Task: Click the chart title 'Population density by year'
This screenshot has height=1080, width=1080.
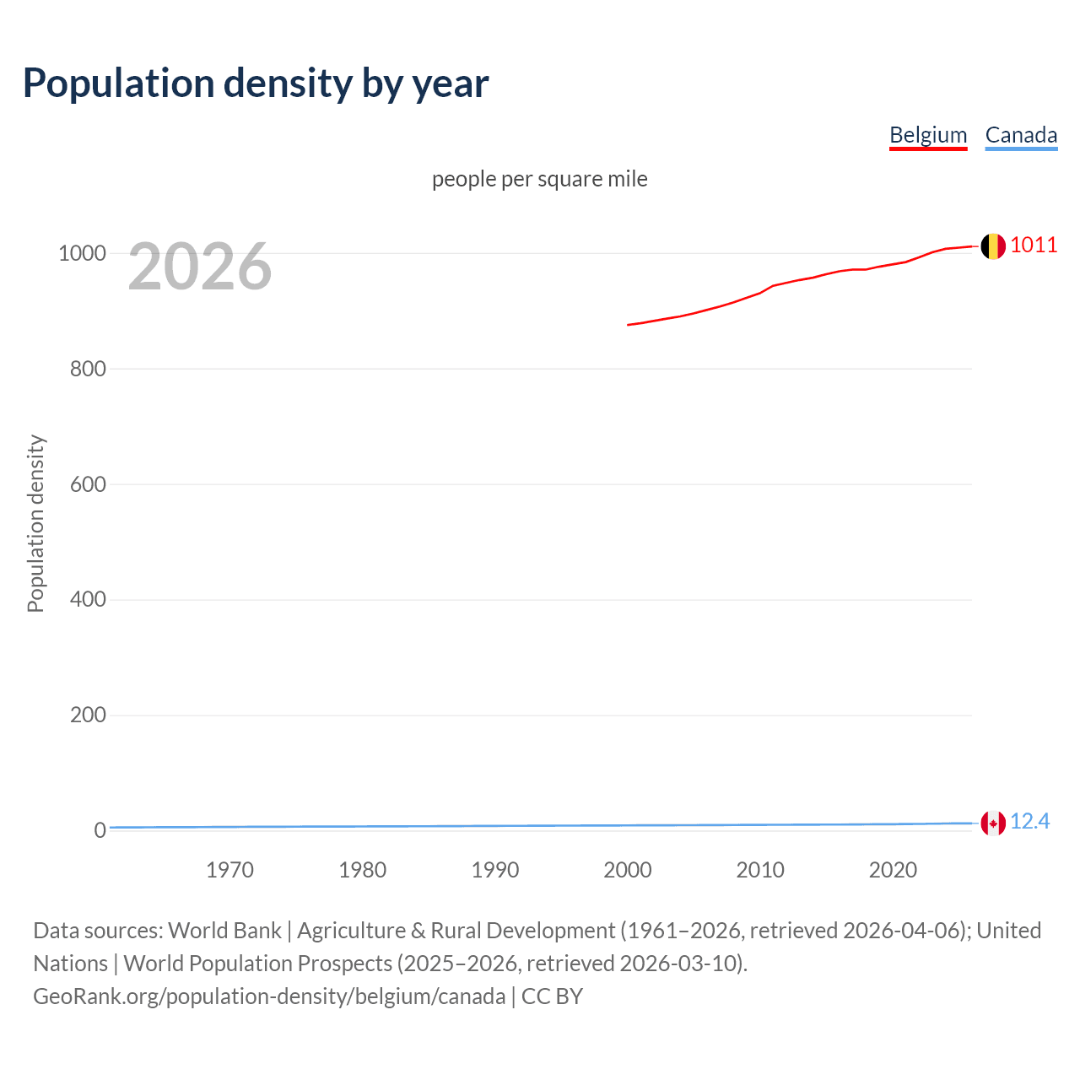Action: click(x=256, y=84)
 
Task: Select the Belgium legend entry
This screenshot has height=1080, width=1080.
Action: click(x=928, y=135)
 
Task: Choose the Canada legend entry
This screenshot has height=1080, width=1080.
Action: click(x=1021, y=135)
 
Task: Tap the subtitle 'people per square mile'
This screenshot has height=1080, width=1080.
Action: click(x=540, y=179)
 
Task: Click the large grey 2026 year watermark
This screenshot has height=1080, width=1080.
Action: click(x=200, y=267)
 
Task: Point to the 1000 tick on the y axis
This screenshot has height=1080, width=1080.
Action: click(x=82, y=253)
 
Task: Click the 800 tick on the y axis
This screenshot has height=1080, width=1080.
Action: click(x=88, y=369)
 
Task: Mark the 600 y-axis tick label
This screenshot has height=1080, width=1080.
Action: click(x=88, y=484)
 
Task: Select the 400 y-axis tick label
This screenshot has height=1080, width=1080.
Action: click(x=88, y=600)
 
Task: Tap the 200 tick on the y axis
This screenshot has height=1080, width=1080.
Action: click(x=88, y=715)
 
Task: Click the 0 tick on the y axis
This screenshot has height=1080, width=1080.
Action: click(x=100, y=830)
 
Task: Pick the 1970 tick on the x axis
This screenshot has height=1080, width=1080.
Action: click(x=229, y=870)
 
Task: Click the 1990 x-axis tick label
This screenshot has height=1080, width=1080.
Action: click(x=495, y=870)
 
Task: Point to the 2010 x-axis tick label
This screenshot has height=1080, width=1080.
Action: click(x=760, y=870)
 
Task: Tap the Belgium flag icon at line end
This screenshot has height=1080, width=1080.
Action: click(x=993, y=246)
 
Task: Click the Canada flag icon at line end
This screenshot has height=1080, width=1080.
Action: click(x=993, y=823)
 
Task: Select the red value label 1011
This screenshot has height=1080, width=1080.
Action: click(x=1034, y=245)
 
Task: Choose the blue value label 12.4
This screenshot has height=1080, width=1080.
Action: click(x=1029, y=822)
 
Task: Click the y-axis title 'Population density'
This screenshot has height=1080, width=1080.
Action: click(x=35, y=523)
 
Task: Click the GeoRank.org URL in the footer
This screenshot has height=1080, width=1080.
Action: click(x=269, y=996)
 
